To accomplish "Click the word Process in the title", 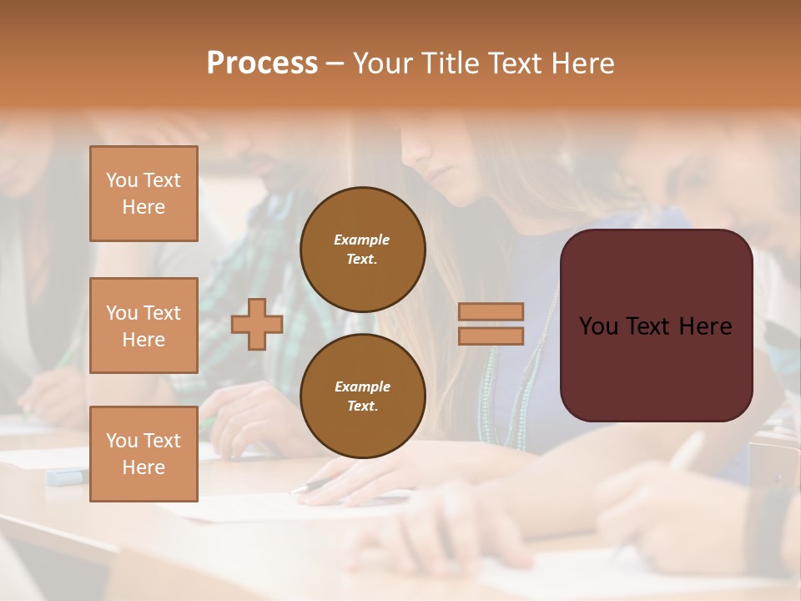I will pos(262,63).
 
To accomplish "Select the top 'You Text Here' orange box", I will pos(144,194).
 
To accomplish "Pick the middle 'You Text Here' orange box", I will pos(144,326).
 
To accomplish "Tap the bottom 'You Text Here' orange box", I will pos(144,454).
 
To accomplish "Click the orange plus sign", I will pos(257,325).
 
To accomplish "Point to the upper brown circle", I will pos(362,250).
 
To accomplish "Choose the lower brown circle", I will pos(362,396).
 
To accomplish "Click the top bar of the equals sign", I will pos(491,312).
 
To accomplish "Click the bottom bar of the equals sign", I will pos(491,336).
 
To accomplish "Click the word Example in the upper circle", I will pos(362,240).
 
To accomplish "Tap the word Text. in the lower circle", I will pos(362,407).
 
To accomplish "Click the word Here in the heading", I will pos(581,63).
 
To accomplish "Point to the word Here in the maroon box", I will pos(706,326).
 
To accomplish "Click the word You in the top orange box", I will pos(122,180).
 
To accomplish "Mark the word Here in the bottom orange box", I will pos(144,467).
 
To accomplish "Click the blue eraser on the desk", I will pos(65,477).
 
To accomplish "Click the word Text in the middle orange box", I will pos(162,313).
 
